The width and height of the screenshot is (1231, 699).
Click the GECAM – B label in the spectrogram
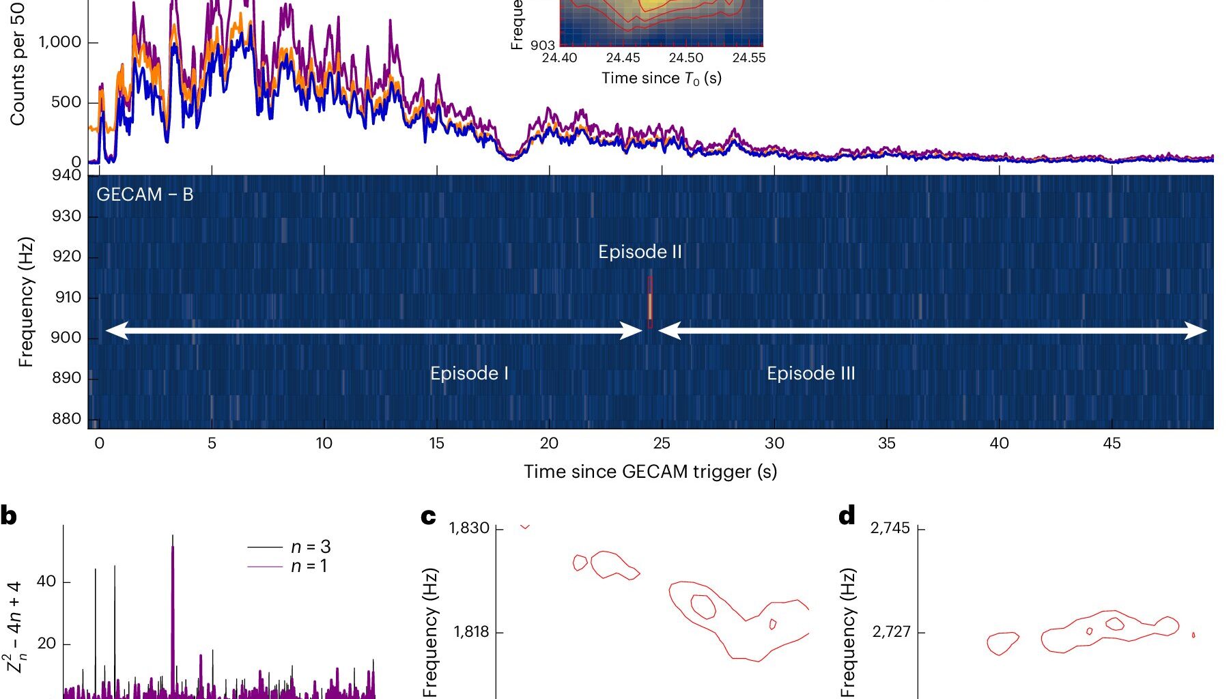tap(145, 195)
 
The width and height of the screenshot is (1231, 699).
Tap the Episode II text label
tap(640, 252)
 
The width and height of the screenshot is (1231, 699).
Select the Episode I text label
tap(469, 373)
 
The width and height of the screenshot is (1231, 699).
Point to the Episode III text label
tap(810, 373)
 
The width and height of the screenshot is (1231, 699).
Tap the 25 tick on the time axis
tap(661, 443)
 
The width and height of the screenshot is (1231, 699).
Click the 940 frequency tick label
tap(66, 175)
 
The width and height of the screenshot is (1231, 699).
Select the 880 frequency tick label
tap(66, 418)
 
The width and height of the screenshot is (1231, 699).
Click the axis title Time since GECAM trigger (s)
tap(650, 472)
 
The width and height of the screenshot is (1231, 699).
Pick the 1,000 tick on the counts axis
tap(59, 42)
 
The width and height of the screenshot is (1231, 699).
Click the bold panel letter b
tap(9, 516)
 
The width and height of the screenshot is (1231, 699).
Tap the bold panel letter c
tap(428, 516)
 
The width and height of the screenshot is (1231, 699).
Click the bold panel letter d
tap(847, 516)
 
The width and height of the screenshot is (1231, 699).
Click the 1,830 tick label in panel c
tap(469, 528)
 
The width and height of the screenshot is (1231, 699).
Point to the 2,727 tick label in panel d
tap(891, 631)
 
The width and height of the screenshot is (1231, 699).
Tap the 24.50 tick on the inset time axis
tap(685, 58)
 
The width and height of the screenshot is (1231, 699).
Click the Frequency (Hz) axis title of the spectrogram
tap(26, 302)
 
